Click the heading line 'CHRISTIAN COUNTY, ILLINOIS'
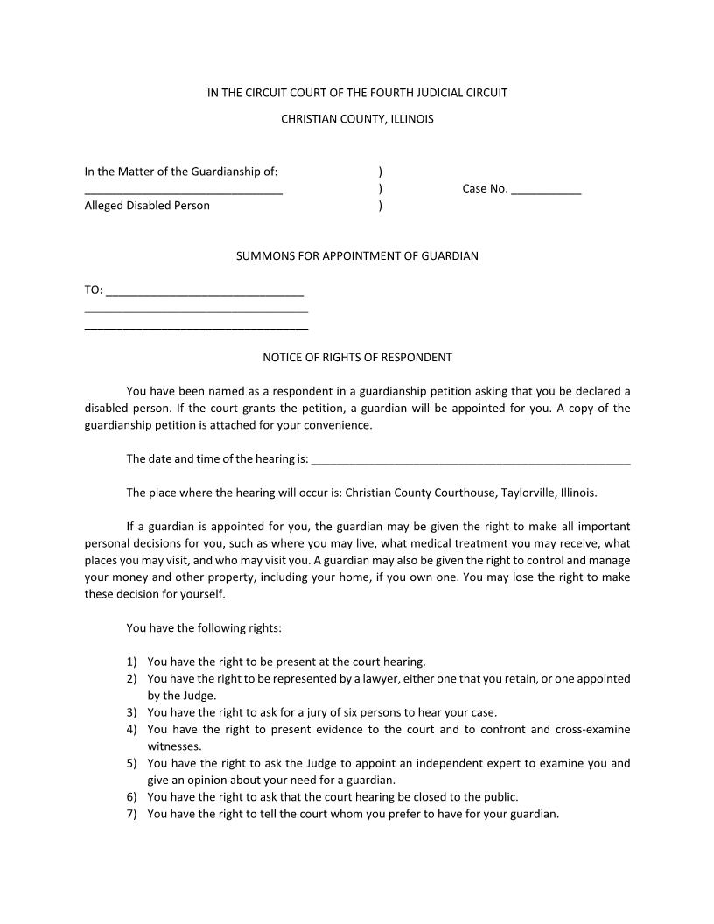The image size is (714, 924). [357, 118]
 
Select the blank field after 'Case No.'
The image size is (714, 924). [546, 190]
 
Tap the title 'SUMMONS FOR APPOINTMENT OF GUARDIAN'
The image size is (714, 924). [357, 256]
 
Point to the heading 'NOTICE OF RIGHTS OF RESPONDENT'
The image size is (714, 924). [357, 357]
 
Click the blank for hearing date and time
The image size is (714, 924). [470, 459]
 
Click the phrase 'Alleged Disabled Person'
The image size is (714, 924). [147, 206]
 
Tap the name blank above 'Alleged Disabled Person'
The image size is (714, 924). [183, 190]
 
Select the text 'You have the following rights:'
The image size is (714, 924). [204, 627]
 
